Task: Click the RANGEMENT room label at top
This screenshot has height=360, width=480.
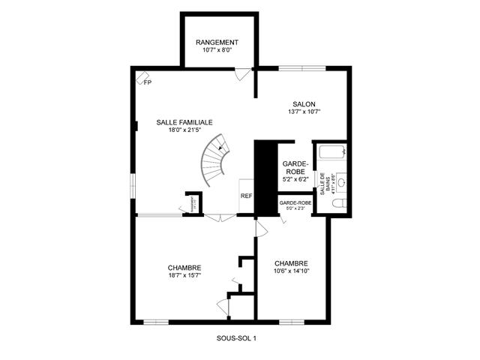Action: [217, 42]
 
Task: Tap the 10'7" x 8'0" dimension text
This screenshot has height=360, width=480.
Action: [217, 51]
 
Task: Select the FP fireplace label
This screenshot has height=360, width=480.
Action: [147, 82]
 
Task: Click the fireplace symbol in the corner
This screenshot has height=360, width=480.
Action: [141, 76]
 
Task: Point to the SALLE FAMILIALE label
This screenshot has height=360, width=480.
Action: [184, 121]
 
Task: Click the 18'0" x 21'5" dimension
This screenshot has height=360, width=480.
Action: [184, 130]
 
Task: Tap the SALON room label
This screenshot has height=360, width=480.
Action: [304, 103]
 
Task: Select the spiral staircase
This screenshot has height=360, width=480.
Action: [212, 160]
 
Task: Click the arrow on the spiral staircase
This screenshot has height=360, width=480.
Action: [220, 148]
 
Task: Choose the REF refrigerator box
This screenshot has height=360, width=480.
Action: [246, 196]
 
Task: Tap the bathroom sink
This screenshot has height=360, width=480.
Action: [341, 181]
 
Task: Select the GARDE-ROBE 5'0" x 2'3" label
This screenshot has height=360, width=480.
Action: [295, 205]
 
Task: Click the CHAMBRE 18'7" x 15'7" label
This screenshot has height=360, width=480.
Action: [184, 271]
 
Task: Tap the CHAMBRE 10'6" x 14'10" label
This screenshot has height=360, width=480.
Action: [291, 267]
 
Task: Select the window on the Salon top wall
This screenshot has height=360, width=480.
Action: [302, 68]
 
